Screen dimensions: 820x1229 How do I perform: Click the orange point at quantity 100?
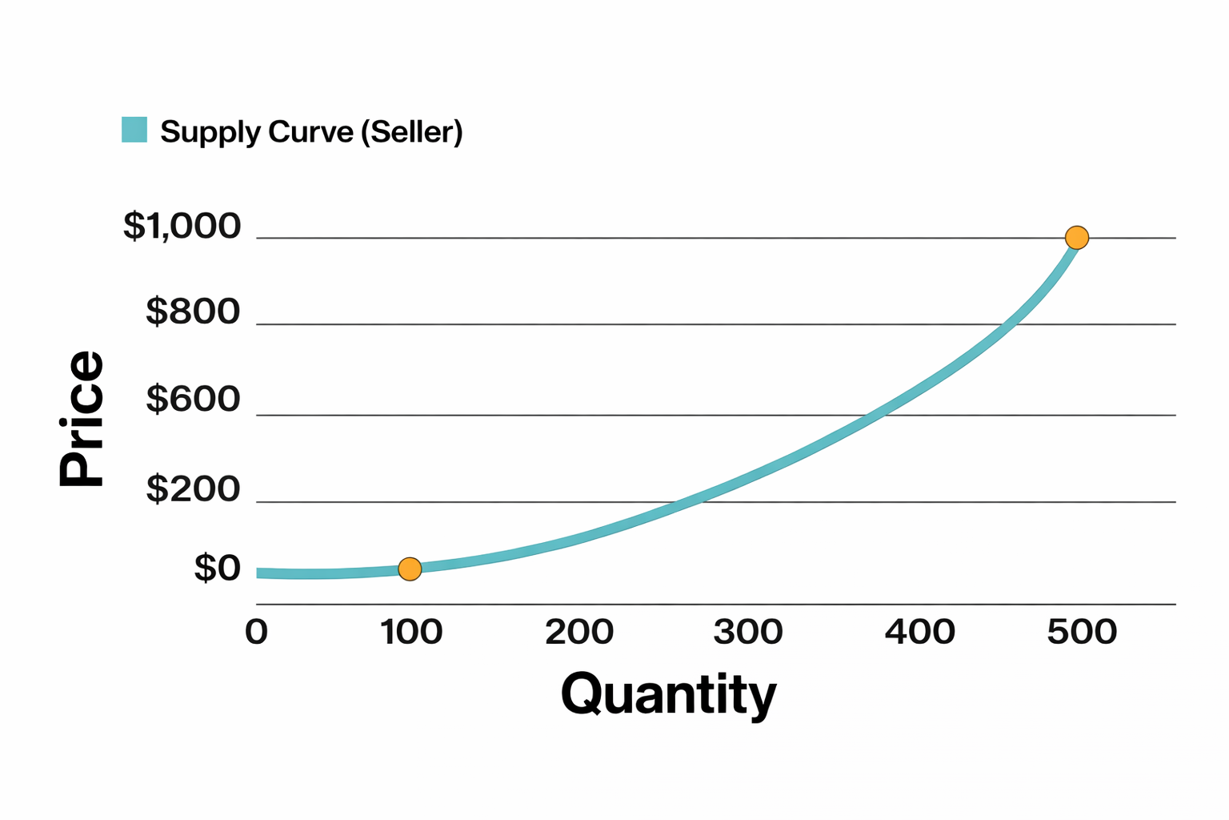click(410, 569)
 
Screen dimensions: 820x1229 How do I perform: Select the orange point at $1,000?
click(1077, 238)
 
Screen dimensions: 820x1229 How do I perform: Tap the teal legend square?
click(134, 130)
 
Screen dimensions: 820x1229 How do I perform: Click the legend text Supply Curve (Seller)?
click(311, 131)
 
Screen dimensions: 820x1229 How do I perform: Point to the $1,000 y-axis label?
click(182, 227)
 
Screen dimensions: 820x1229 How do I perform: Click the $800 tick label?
click(193, 312)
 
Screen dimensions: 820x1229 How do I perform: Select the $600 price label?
click(193, 399)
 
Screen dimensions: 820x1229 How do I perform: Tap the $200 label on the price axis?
click(193, 488)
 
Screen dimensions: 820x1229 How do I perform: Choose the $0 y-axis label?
click(217, 569)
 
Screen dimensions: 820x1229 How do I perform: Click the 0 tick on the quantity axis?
click(256, 632)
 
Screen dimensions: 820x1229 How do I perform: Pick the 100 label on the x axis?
click(411, 632)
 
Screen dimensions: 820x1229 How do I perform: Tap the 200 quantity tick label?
click(579, 632)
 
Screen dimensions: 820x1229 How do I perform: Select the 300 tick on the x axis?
click(748, 632)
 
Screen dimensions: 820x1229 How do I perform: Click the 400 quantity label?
click(920, 632)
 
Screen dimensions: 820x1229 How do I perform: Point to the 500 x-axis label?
click(1082, 632)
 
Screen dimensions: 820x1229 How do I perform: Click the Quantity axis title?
click(669, 694)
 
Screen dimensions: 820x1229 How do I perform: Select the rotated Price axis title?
click(82, 419)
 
